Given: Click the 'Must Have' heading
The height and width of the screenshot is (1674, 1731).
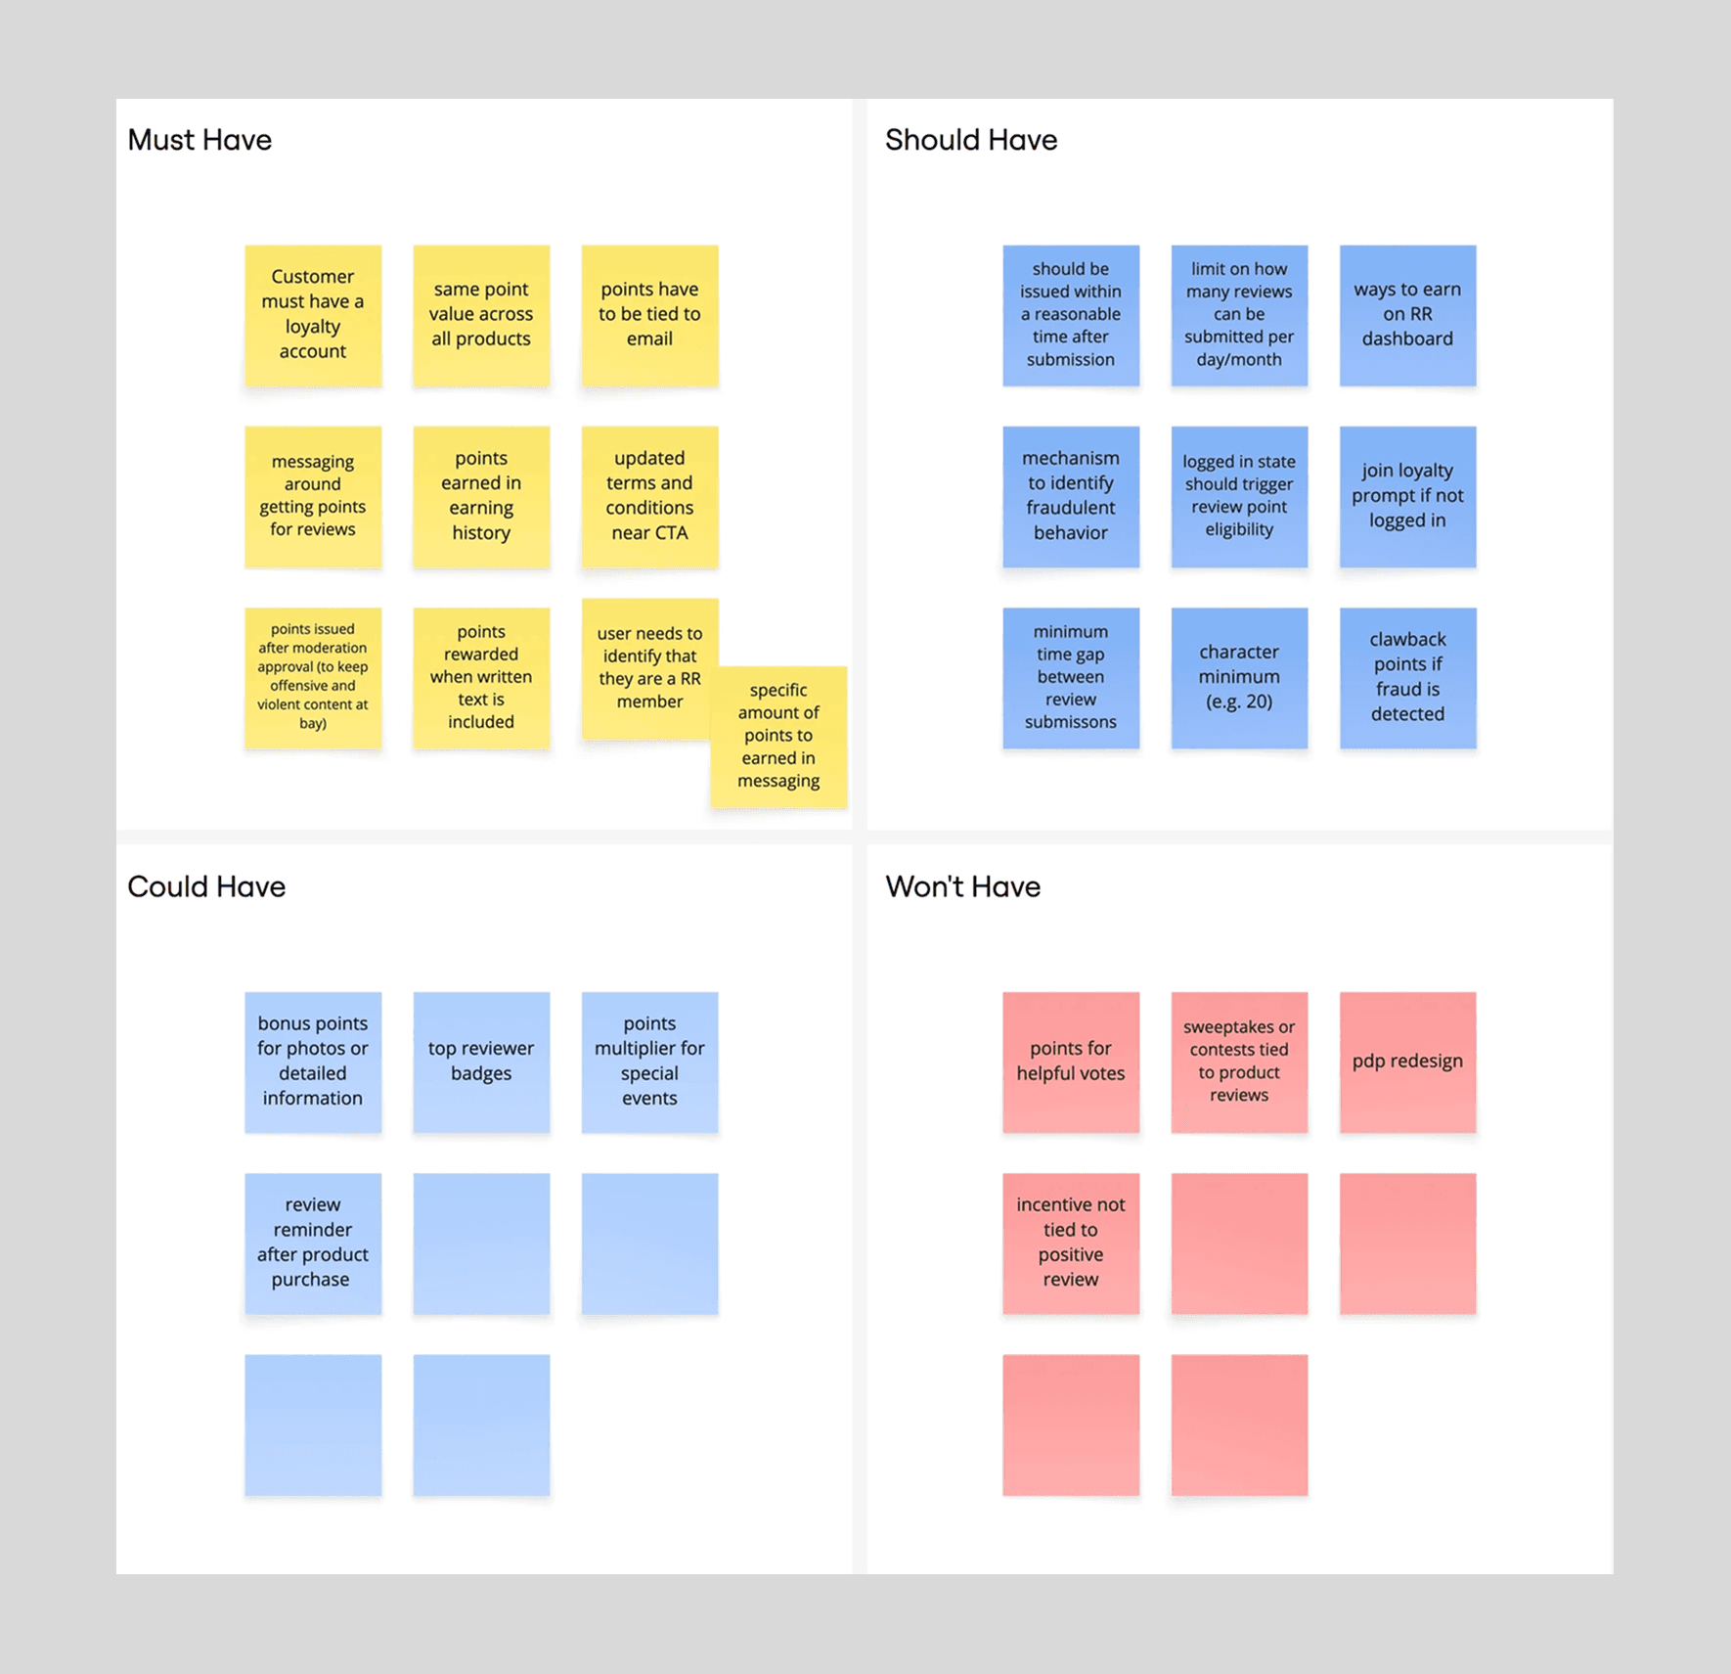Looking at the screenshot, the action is click(200, 140).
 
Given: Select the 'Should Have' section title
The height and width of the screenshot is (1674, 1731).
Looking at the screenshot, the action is click(970, 140).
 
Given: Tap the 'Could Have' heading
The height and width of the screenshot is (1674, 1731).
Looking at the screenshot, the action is click(206, 886).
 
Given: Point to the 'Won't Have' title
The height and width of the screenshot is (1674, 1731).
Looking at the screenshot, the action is click(962, 886).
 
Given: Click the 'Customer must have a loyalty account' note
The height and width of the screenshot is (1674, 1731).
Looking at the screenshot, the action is click(313, 314).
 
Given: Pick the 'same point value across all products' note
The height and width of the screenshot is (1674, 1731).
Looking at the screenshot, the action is click(481, 314).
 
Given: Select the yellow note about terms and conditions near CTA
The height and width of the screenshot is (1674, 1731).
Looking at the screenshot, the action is click(649, 496).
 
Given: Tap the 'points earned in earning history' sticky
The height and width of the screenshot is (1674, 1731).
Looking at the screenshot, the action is click(481, 496).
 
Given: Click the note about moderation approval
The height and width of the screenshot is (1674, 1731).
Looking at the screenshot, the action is click(313, 677).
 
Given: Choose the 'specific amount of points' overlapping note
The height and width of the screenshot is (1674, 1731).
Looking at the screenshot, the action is click(779, 736).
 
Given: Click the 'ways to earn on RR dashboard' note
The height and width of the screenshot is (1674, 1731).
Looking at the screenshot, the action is click(1407, 314).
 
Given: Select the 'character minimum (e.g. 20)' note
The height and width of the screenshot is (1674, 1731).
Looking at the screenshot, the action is click(1239, 677).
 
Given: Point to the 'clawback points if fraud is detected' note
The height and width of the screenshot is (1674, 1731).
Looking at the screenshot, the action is click(1407, 677).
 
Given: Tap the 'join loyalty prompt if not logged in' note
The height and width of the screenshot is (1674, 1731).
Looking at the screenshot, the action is click(1407, 496).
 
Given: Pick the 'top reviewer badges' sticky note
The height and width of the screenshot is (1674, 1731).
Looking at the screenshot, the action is click(481, 1062).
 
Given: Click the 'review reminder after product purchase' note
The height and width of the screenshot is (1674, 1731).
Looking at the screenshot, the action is click(313, 1243).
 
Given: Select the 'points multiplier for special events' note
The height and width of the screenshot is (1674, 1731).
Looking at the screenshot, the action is click(649, 1062).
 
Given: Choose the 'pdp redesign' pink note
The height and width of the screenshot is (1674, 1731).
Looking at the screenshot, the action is click(1407, 1062).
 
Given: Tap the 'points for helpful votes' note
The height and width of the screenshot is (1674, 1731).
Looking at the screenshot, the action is click(1071, 1062).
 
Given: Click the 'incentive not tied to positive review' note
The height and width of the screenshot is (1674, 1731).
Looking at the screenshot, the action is click(1071, 1243).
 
